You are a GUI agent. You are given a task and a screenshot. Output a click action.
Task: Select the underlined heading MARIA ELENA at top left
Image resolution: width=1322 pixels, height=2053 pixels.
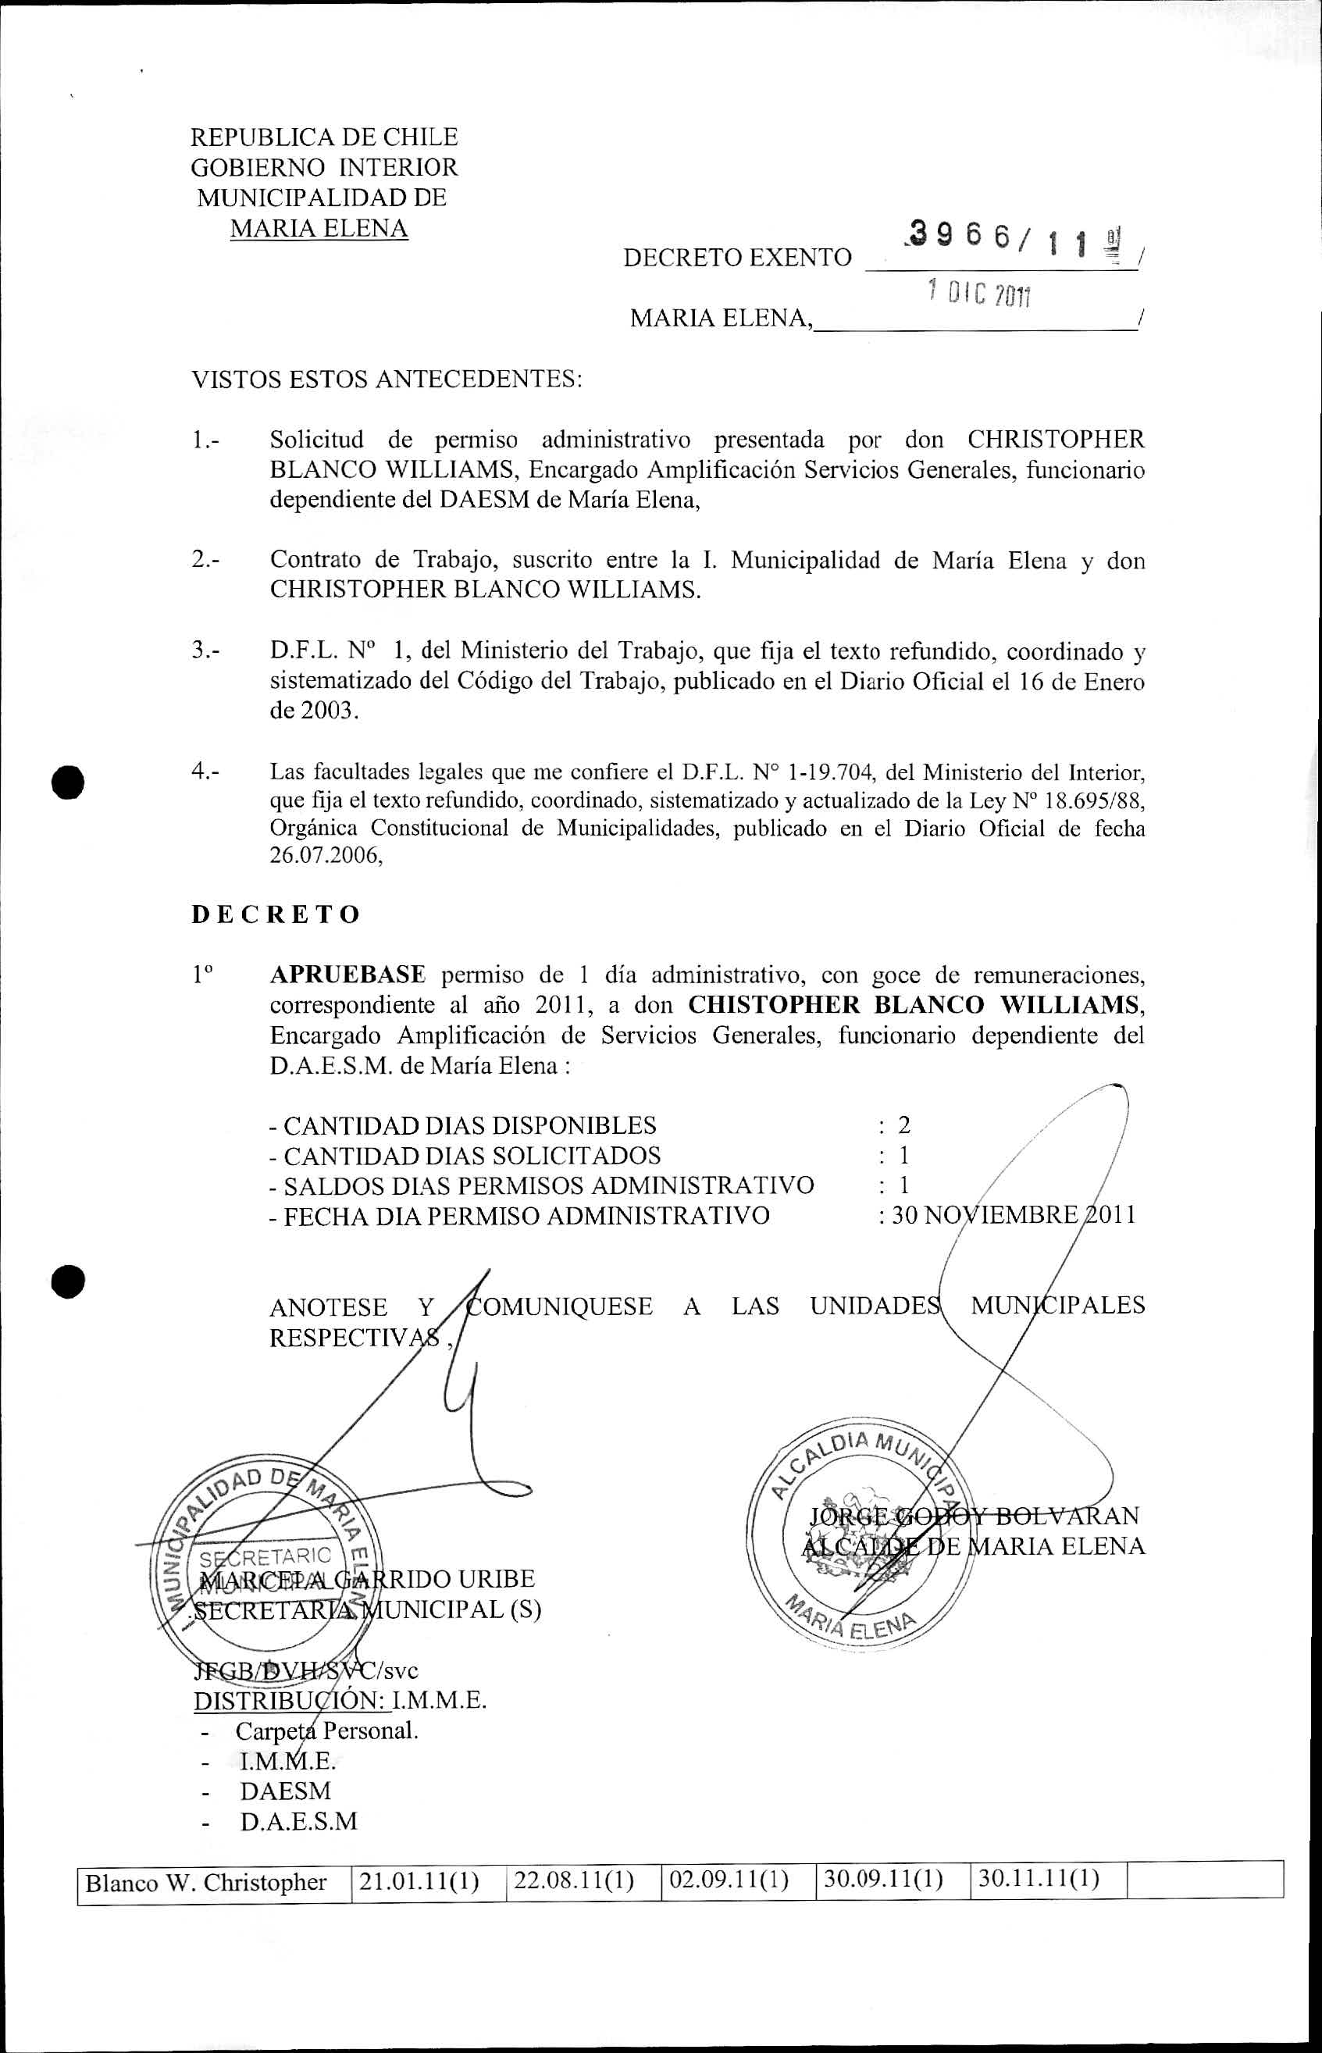319,228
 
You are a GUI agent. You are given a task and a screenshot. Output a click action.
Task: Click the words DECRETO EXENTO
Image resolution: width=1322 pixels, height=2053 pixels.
737,258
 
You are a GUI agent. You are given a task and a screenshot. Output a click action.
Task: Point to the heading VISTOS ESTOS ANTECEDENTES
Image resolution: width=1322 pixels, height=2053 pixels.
387,379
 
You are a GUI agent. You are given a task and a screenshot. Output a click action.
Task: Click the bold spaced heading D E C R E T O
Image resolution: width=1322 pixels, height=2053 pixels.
276,914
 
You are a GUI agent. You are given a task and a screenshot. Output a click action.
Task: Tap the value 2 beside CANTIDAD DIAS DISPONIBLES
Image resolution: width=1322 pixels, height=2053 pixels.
904,1125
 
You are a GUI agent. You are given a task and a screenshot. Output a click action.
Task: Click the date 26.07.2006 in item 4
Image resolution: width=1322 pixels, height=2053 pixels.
326,857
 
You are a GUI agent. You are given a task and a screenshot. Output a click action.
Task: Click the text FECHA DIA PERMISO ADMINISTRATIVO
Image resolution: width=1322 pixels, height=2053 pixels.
526,1215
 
